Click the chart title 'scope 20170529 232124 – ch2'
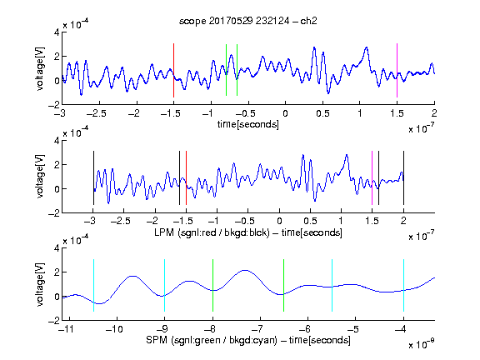248,21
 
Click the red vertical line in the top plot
173,70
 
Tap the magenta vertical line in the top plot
397,70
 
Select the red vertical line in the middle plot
186,177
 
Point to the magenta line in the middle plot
372,177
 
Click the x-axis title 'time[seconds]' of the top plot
248,124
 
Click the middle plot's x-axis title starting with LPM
248,232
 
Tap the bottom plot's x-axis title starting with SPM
248,340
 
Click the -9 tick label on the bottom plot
162,329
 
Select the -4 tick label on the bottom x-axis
402,329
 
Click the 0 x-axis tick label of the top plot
285,113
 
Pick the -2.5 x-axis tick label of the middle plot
121,221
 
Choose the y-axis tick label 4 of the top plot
57,32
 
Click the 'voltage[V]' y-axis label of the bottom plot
40,284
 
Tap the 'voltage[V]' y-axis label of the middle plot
40,177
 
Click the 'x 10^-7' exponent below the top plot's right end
422,128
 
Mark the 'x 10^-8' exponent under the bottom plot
422,344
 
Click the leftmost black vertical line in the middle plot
93,177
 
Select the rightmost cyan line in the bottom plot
404,285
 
